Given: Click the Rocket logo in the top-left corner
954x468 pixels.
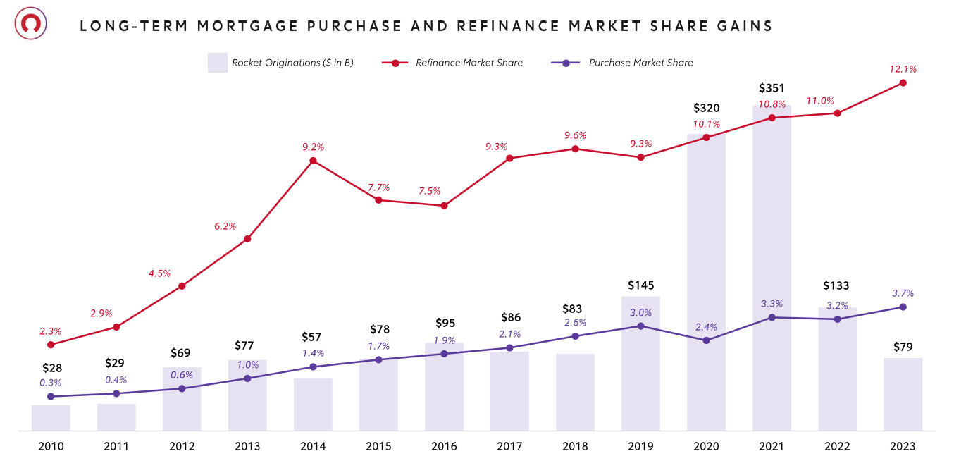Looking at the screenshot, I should pyautogui.click(x=30, y=24).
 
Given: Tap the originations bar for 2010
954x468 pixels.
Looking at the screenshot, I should pyautogui.click(x=51, y=417).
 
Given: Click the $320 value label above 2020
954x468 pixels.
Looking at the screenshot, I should pyautogui.click(x=706, y=108).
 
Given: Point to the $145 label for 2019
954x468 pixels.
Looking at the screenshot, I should pyautogui.click(x=640, y=285).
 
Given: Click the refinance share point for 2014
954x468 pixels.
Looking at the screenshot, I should pyautogui.click(x=313, y=161).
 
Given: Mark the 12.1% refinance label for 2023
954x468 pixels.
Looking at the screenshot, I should pyautogui.click(x=903, y=69).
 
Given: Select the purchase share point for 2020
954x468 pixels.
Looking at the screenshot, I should pyautogui.click(x=706, y=340).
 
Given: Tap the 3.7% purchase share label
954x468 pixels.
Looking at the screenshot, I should pyautogui.click(x=903, y=293).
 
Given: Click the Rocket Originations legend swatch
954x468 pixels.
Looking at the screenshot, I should pyautogui.click(x=217, y=63).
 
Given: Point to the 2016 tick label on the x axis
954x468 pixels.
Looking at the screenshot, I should pyautogui.click(x=444, y=446).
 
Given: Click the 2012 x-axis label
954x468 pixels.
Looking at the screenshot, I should pyautogui.click(x=182, y=446).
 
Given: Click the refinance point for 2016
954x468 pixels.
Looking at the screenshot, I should pyautogui.click(x=444, y=206).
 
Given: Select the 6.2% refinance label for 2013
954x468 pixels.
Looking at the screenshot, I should pyautogui.click(x=225, y=226).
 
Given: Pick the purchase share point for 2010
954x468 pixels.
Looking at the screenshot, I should pyautogui.click(x=51, y=396).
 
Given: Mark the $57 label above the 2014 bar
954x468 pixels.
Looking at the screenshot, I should pyautogui.click(x=313, y=337).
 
